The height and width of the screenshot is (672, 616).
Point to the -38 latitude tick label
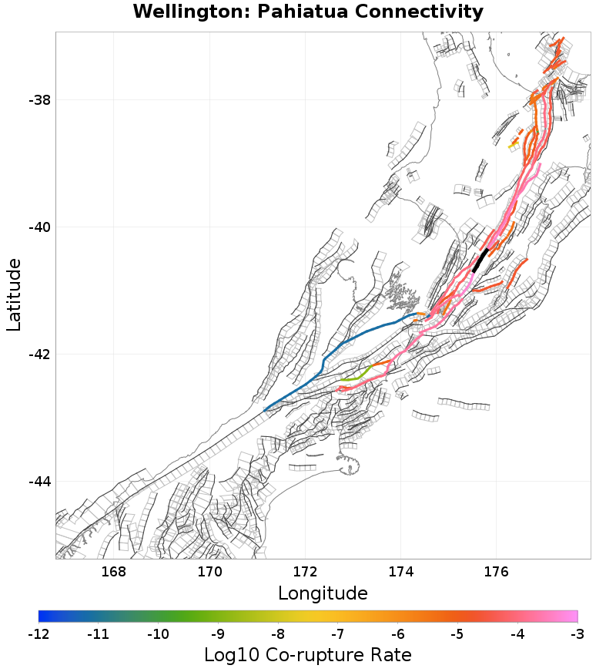[x=38, y=100]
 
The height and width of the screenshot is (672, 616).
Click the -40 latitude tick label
[x=38, y=227]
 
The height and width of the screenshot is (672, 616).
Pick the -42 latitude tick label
[x=38, y=354]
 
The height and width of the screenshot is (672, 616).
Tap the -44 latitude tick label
[x=38, y=482]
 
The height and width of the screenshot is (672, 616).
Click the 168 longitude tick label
[x=114, y=572]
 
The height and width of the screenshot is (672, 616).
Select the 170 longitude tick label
[x=209, y=572]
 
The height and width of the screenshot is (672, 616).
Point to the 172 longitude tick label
[x=305, y=572]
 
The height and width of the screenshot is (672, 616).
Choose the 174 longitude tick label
[x=400, y=572]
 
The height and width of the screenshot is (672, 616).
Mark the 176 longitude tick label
[x=496, y=572]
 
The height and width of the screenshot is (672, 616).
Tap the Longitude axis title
[x=323, y=593]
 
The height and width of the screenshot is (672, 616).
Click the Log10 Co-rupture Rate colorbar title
[x=308, y=655]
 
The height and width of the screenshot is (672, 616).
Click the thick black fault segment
[x=480, y=260]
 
